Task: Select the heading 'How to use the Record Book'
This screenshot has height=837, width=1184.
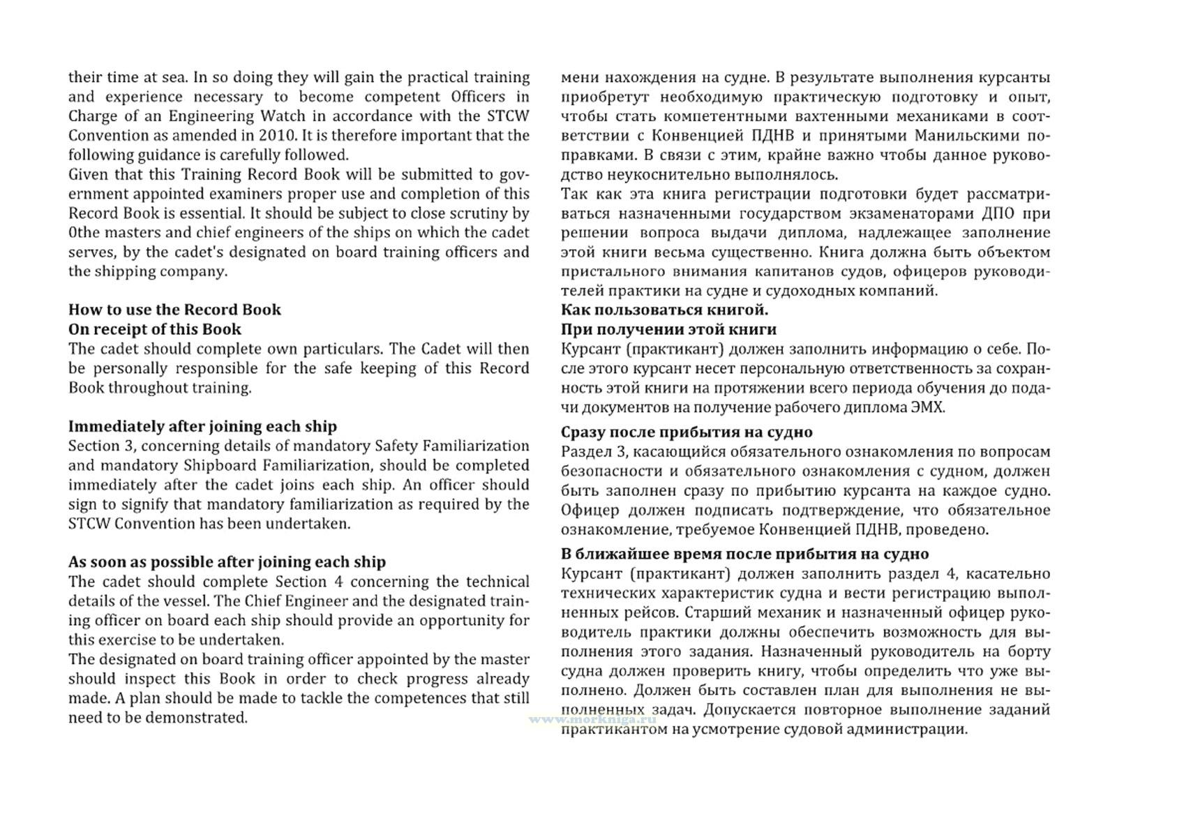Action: [x=174, y=310]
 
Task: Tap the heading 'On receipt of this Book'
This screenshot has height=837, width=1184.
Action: [x=155, y=329]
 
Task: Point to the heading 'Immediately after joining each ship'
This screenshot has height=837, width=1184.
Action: [x=202, y=426]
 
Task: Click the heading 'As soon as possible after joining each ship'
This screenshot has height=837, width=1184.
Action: [x=227, y=562]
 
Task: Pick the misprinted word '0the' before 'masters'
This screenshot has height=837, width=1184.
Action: [x=82, y=232]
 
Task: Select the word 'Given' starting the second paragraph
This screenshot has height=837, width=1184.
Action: [x=88, y=174]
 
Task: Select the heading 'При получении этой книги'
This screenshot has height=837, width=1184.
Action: [x=668, y=329]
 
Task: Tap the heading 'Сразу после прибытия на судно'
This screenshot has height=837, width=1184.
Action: [x=687, y=432]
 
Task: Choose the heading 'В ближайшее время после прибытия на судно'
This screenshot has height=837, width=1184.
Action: [x=744, y=554]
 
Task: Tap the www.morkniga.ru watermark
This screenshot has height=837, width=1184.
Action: [x=593, y=718]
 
